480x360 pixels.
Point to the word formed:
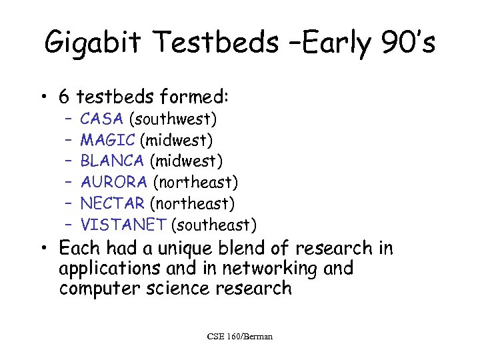[x=195, y=97]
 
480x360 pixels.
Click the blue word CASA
[x=101, y=120]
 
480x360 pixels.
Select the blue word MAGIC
[x=107, y=141]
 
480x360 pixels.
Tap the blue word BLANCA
[x=112, y=161]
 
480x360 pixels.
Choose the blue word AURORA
[x=114, y=182]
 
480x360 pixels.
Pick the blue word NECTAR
[x=112, y=203]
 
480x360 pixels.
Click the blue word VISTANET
[x=123, y=224]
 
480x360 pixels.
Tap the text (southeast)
[x=213, y=224]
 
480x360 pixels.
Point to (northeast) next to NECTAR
[x=192, y=203]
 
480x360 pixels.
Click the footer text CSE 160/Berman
[x=239, y=336]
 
